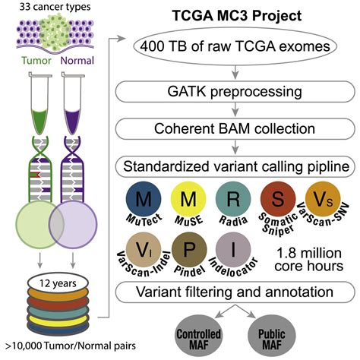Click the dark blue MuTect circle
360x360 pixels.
144,198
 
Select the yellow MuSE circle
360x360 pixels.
188,198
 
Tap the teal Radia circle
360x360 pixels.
233,198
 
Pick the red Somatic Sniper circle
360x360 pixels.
278,198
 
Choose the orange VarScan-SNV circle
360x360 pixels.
323,198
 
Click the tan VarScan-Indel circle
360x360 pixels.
144,249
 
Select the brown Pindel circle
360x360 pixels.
189,249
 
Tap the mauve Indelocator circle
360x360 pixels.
233,249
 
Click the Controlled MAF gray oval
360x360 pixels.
198,336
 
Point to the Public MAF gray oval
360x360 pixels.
272,336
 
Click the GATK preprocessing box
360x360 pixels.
235,92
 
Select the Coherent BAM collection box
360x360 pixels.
235,128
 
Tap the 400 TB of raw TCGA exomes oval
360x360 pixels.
235,46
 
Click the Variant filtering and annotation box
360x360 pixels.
235,292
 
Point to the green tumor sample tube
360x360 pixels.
40,103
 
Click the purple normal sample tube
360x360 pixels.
73,103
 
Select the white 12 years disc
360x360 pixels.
58,283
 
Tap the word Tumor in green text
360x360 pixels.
36,61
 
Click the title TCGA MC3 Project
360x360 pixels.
237,16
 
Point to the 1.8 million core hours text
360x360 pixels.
309,260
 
